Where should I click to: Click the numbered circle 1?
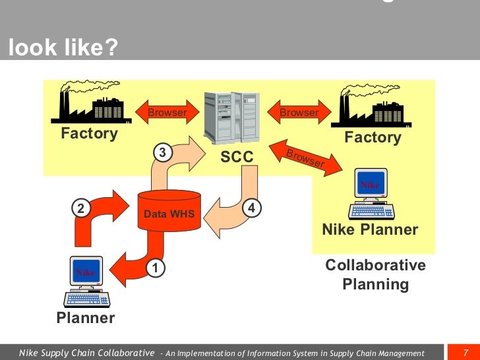click(155, 268)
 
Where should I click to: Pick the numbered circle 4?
click(252, 208)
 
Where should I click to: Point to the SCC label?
click(236, 158)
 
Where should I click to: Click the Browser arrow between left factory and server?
click(167, 113)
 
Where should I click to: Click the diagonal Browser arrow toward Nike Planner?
click(305, 158)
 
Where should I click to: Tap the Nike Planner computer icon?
click(371, 193)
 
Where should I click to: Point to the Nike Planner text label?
click(370, 229)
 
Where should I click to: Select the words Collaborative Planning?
click(376, 274)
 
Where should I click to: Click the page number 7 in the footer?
click(465, 352)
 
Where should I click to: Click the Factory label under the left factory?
click(89, 134)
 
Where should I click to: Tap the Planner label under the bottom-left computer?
click(86, 318)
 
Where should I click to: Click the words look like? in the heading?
click(55, 47)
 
